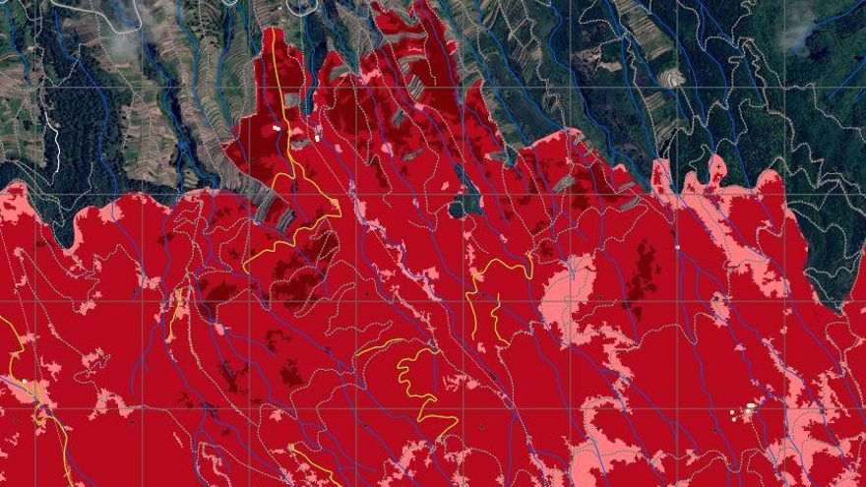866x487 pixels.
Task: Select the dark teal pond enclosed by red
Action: [463, 205]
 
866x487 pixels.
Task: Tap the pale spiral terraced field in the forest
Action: [672, 77]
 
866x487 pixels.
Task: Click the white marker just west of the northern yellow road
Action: [277, 127]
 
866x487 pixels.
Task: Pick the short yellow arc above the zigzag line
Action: [379, 345]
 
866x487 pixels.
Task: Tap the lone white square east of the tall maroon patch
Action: [677, 246]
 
